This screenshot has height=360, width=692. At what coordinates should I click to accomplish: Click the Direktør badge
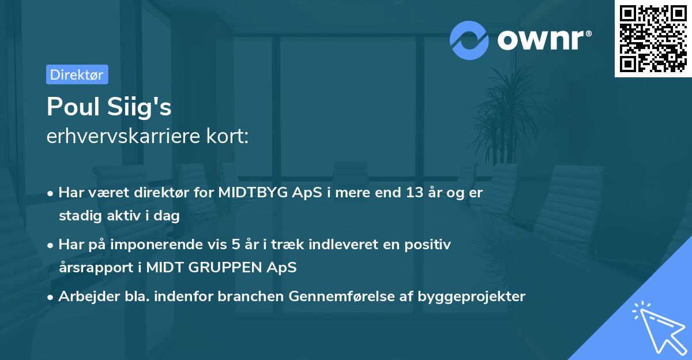coord(77,74)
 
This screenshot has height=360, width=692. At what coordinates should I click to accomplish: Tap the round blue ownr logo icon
coord(469,40)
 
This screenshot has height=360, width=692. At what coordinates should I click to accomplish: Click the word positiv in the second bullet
coord(429,245)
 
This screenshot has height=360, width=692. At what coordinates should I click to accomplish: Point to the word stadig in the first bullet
coord(77,216)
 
